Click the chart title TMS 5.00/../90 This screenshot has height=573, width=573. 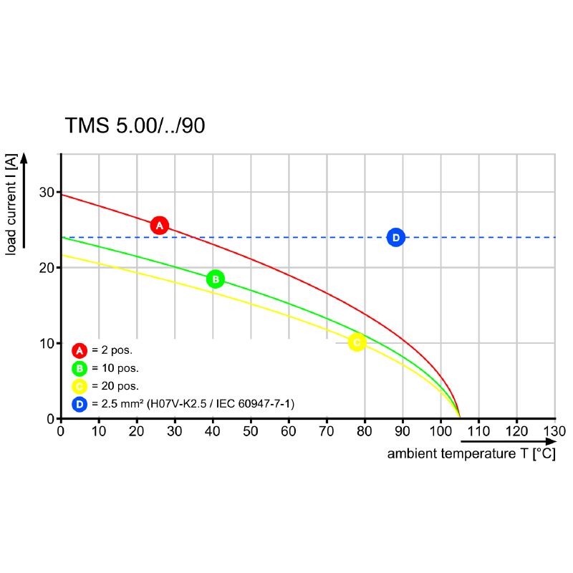[x=135, y=126]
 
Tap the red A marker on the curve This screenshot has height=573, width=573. [x=160, y=226]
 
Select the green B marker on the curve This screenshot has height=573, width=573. [x=216, y=279]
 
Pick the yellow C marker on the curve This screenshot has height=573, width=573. [x=357, y=342]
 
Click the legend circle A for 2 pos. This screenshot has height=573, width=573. [x=79, y=350]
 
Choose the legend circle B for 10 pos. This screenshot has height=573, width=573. [x=79, y=368]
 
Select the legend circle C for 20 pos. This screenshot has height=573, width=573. [x=79, y=387]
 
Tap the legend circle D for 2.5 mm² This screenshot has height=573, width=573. [x=79, y=405]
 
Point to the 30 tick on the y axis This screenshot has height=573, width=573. [x=47, y=192]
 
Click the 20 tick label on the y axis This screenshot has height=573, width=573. [x=47, y=268]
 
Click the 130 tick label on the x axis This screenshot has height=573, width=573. [x=554, y=431]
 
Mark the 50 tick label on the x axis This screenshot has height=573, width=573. [x=250, y=431]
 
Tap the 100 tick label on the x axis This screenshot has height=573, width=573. [x=440, y=431]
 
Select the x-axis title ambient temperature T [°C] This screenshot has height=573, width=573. [x=471, y=454]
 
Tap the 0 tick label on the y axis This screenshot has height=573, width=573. [x=51, y=418]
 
